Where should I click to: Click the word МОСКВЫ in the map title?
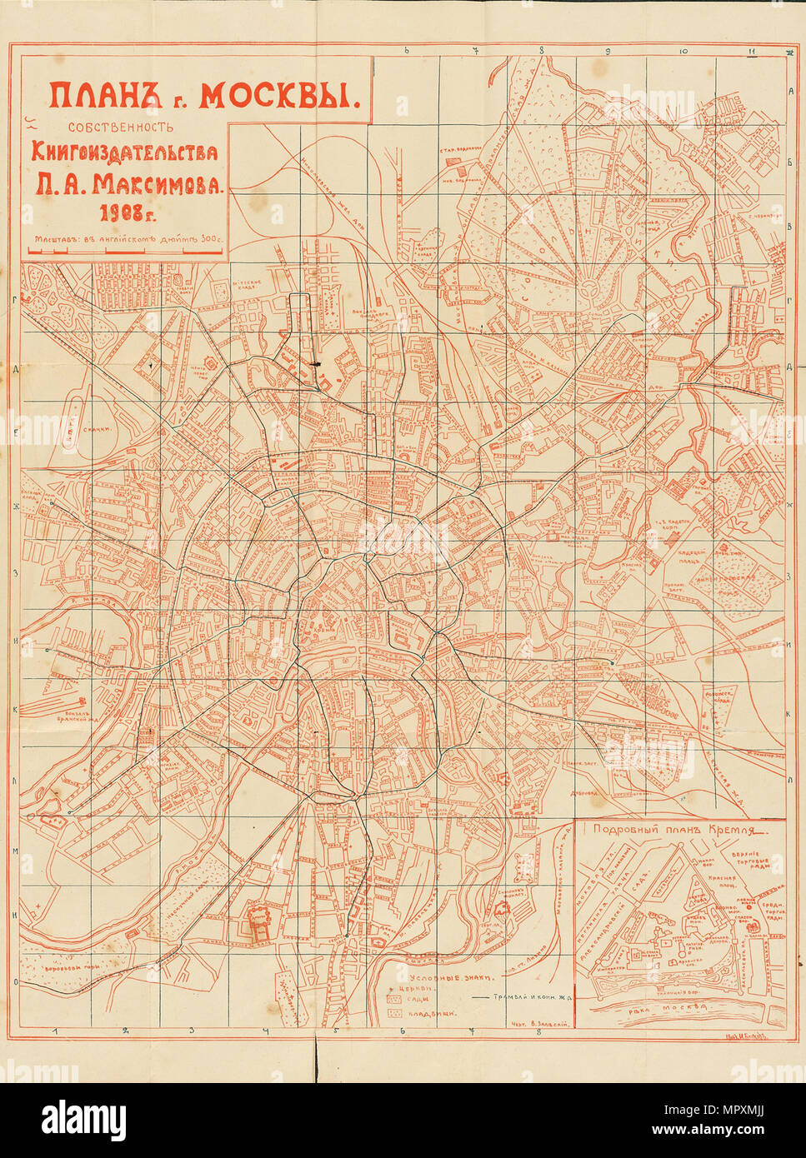pyautogui.click(x=278, y=97)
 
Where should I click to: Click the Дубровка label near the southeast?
pyautogui.click(x=588, y=793)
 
